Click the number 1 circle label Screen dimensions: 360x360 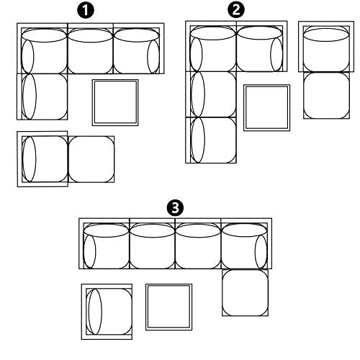click(86, 11)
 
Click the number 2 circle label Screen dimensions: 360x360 click(236, 10)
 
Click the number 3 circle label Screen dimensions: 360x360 click(175, 207)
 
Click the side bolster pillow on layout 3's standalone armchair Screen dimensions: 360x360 click(95, 312)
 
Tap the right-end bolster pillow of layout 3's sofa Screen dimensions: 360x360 click(261, 251)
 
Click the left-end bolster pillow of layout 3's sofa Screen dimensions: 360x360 click(90, 251)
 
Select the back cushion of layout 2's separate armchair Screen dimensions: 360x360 click(326, 35)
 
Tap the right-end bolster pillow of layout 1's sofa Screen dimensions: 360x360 click(153, 57)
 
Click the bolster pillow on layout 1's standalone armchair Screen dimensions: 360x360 click(29, 159)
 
